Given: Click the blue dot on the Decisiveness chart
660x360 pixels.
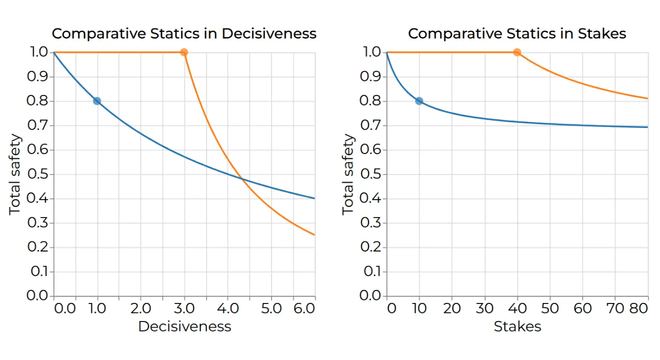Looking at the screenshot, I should coord(97,101).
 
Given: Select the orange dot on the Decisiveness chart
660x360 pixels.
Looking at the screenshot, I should coord(184,52).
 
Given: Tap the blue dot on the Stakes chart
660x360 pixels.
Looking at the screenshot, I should coord(419,101).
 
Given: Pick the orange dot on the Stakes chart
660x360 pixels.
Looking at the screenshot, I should coord(517,52).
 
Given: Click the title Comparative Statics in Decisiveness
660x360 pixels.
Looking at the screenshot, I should coord(184,33).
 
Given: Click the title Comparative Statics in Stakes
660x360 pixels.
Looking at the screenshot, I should coord(517,33).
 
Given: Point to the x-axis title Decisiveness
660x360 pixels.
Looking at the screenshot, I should coord(184,326).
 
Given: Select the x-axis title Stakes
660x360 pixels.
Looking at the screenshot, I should coord(517,326).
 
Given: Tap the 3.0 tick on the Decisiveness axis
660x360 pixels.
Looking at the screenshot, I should coord(184,308).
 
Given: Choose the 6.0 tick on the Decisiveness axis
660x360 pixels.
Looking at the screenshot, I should coord(304,308).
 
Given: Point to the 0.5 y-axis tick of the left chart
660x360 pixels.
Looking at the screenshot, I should coord(37,174).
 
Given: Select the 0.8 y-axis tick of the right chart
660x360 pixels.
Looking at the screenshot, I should coord(370,101).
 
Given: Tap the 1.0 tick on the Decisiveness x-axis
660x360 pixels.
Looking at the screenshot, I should coord(97,308).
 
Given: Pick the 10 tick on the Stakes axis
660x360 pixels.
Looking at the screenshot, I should coord(419,308).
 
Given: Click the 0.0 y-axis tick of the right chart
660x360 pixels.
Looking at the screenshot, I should coord(370,295).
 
